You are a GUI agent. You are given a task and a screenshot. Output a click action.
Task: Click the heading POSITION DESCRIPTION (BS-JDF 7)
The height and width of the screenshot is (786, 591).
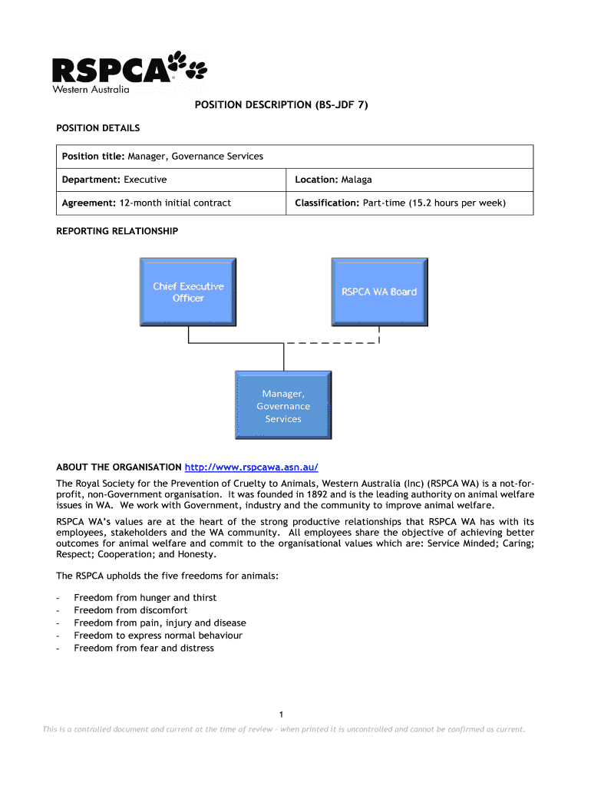(281, 104)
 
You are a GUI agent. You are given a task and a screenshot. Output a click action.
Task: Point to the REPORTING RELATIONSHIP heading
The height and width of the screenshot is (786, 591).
(117, 231)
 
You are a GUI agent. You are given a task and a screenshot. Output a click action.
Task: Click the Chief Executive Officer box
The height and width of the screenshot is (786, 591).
(188, 292)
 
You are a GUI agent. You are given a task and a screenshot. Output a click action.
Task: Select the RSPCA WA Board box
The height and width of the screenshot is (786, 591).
(379, 292)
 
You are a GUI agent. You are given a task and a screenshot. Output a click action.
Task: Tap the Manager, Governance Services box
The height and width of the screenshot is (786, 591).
(283, 406)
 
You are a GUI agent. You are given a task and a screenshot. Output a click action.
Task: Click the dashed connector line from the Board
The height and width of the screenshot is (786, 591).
(338, 343)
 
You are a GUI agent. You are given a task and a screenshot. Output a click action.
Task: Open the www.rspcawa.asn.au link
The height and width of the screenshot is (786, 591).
(251, 467)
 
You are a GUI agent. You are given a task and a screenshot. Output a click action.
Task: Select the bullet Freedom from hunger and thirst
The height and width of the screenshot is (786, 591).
(145, 598)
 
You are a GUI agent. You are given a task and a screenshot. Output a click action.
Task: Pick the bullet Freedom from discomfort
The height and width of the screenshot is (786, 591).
(130, 610)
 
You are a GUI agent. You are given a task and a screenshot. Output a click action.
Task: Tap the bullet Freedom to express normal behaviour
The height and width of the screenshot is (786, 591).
(158, 636)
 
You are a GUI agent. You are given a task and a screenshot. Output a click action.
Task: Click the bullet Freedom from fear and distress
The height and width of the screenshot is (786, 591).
(144, 648)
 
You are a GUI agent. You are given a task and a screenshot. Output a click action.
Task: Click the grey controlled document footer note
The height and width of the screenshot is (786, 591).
(284, 729)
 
